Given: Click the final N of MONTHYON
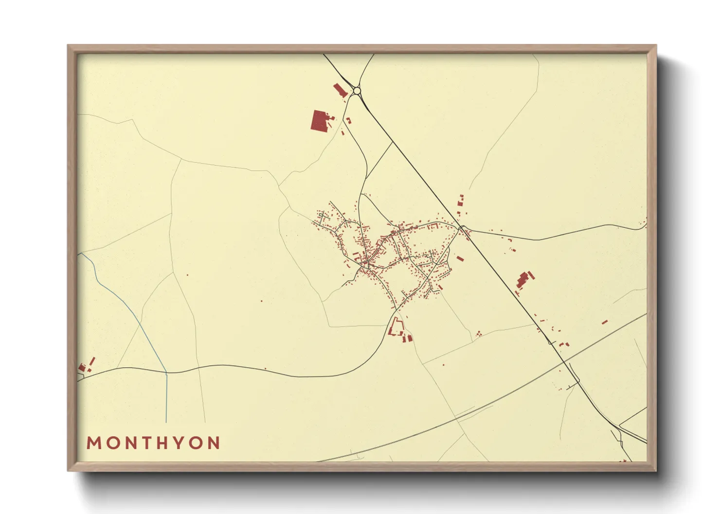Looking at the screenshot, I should tap(214, 443).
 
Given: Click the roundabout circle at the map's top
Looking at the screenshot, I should tap(357, 90).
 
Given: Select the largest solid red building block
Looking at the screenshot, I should tap(319, 120).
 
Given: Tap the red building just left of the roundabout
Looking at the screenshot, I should tap(340, 89).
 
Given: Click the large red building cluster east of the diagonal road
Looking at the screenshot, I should tap(523, 280).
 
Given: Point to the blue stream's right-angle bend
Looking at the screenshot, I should tap(166, 373).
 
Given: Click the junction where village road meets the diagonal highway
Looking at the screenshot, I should tap(461, 227).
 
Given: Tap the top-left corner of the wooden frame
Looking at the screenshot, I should tap(69, 46).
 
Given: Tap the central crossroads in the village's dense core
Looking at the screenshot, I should tap(368, 265).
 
